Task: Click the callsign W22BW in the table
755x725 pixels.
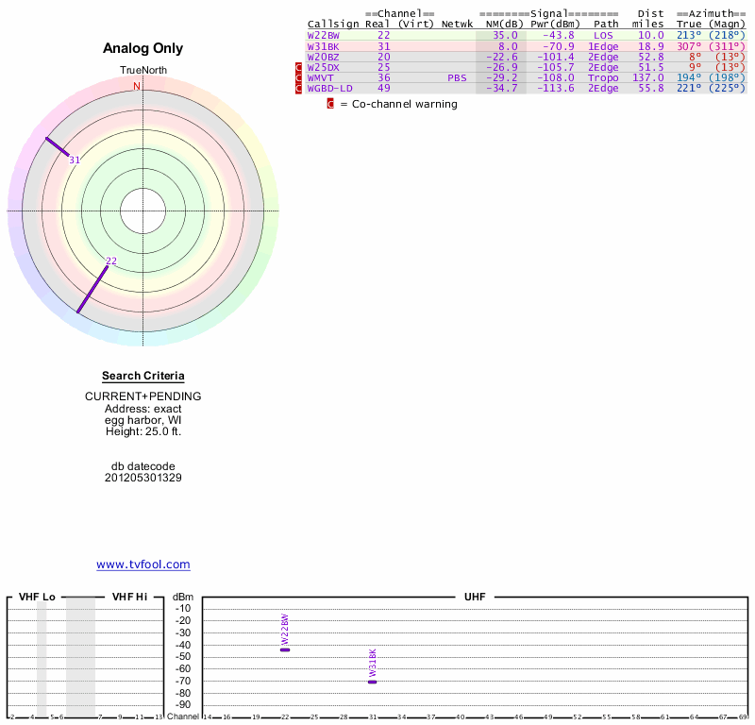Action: tap(324, 35)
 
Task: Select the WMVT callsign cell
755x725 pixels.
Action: tap(320, 77)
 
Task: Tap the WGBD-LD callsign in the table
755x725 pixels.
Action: tap(329, 88)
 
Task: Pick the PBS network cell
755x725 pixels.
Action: tap(457, 77)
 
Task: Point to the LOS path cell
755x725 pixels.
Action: tap(603, 35)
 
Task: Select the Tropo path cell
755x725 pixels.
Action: tap(603, 77)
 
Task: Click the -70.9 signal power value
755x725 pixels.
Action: tap(553, 45)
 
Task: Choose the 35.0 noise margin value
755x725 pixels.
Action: tap(505, 35)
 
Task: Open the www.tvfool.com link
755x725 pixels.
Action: tap(143, 565)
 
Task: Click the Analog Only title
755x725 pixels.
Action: tap(143, 48)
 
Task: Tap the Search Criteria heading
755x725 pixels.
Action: tap(143, 376)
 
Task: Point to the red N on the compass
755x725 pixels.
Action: tap(137, 87)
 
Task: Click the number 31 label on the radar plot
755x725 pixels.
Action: tap(75, 160)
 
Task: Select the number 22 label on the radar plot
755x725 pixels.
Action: tap(111, 261)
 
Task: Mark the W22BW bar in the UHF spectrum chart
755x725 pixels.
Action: tap(285, 649)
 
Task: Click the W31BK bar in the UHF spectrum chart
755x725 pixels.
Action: tap(373, 682)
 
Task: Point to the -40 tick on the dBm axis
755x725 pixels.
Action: tap(183, 645)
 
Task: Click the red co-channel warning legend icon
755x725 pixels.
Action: tap(330, 104)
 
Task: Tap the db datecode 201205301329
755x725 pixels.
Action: tap(143, 478)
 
